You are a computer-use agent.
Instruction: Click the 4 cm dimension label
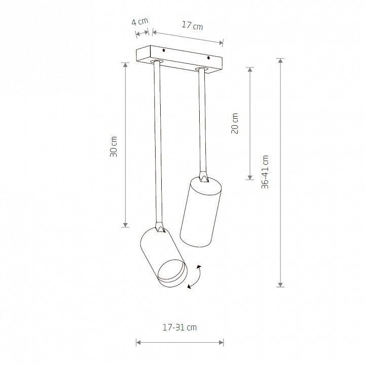[x=140, y=22]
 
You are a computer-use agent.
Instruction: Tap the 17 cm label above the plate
[x=192, y=25]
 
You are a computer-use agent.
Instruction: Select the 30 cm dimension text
[x=114, y=147]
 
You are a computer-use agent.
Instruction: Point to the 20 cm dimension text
[x=235, y=123]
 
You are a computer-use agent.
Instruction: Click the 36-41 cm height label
[x=265, y=172]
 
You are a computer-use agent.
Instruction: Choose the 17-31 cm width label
[x=179, y=327]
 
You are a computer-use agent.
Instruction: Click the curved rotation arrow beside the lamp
[x=195, y=277]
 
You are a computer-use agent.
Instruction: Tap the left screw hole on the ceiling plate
[x=164, y=50]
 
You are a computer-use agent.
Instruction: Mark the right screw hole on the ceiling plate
[x=208, y=57]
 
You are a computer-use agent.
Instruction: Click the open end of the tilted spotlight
[x=172, y=271]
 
